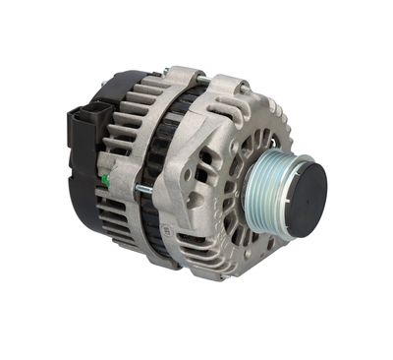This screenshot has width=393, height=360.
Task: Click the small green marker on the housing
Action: pos(105,181)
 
